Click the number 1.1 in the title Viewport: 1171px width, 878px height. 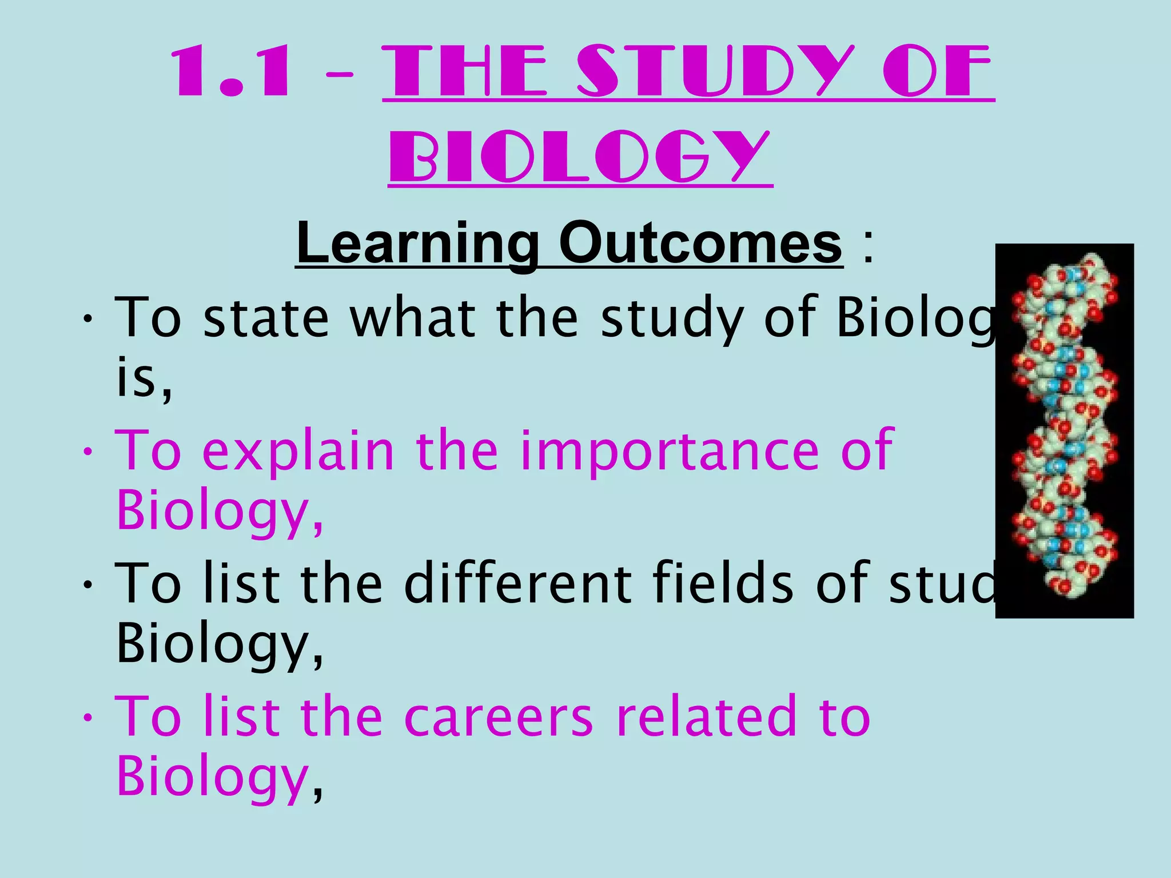point(231,73)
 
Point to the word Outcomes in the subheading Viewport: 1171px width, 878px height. point(700,243)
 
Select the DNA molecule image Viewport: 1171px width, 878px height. point(1064,430)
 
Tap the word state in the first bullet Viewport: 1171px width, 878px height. point(266,317)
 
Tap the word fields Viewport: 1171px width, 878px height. point(723,583)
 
